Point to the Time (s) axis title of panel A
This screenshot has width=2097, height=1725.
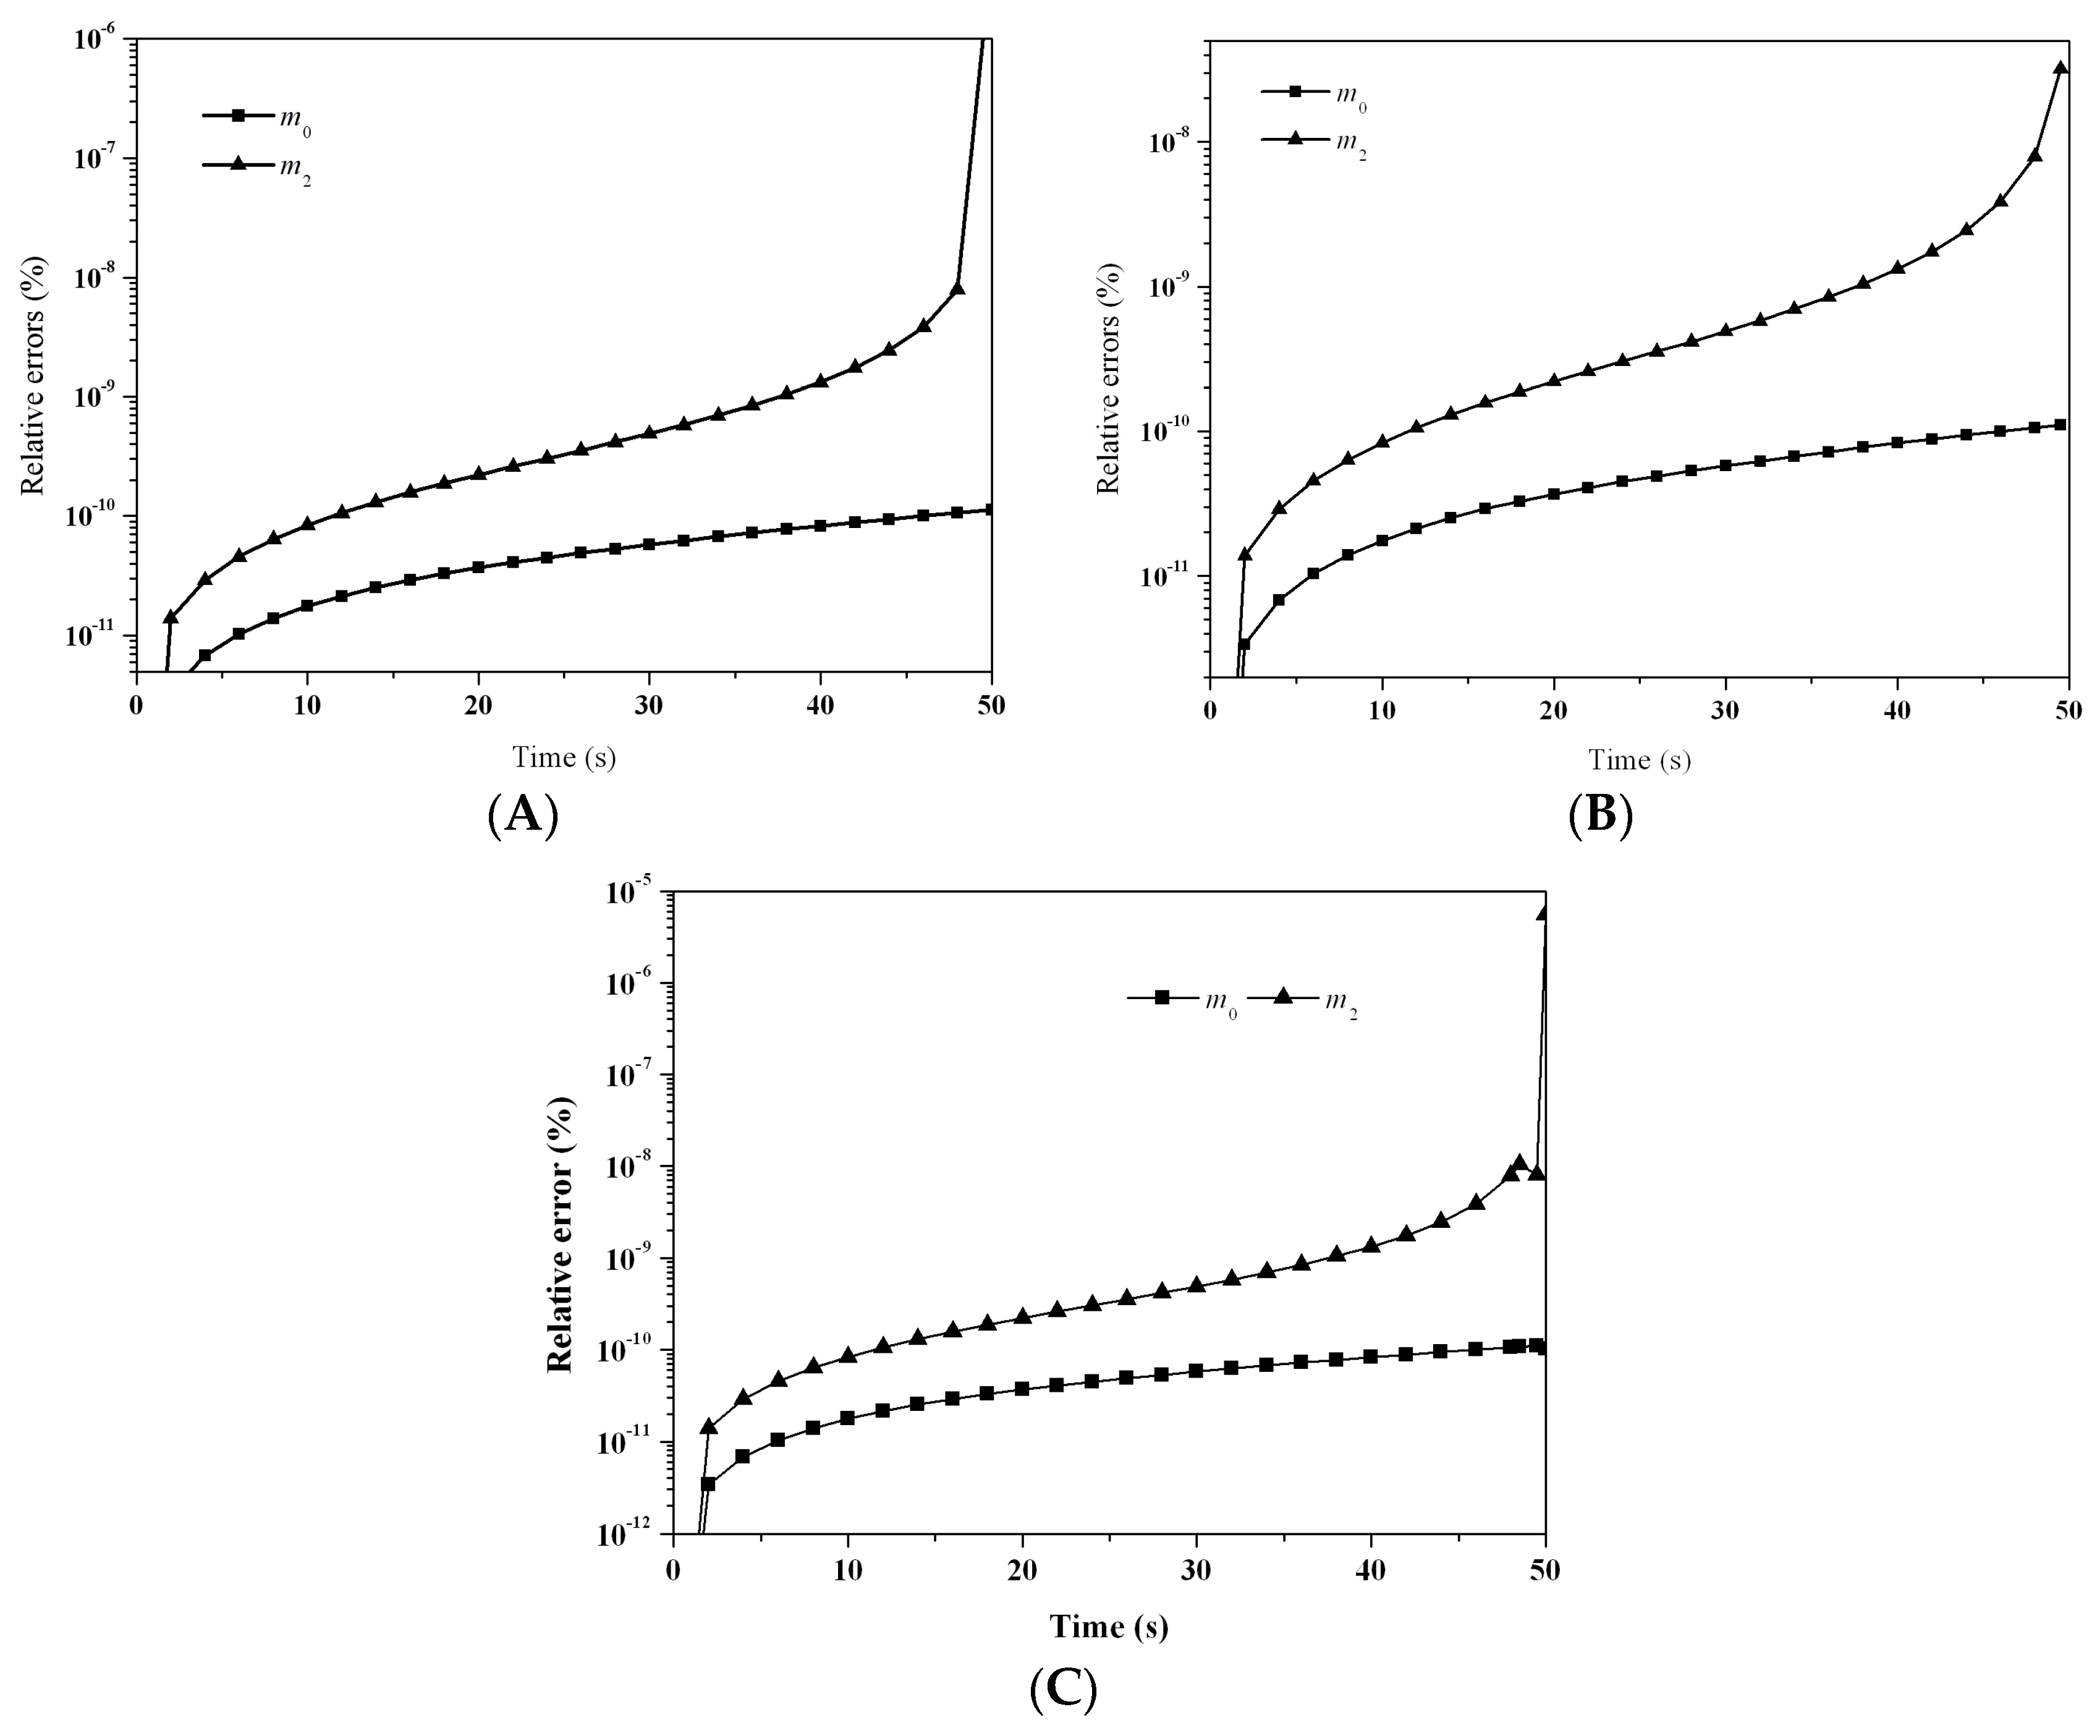tap(563, 758)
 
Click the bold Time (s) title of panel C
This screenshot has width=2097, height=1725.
tap(1109, 1627)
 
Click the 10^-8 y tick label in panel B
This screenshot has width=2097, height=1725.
tap(1170, 142)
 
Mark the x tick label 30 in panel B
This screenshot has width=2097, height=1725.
tap(1726, 712)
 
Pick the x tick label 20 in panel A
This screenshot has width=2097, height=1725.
tap(479, 707)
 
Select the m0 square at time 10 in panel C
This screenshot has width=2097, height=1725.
tap(847, 1418)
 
